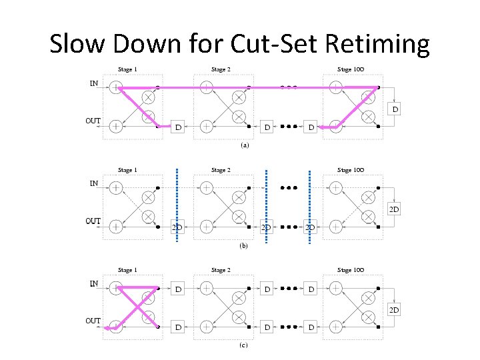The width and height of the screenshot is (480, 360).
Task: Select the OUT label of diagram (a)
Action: (x=93, y=121)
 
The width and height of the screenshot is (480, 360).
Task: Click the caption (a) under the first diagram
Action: (x=244, y=145)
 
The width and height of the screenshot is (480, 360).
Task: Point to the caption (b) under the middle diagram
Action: (x=244, y=245)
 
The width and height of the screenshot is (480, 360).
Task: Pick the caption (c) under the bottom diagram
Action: (x=244, y=345)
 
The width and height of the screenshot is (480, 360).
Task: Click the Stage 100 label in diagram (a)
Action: (x=353, y=69)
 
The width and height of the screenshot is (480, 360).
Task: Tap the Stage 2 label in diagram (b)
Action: (x=220, y=170)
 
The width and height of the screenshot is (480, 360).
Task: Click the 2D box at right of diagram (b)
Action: (x=395, y=209)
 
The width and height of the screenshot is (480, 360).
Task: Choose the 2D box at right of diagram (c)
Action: (x=395, y=309)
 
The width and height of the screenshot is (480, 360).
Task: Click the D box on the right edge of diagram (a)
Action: (x=395, y=109)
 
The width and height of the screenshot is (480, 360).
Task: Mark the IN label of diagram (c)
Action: (x=95, y=283)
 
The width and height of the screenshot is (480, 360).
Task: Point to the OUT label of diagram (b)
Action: (x=93, y=221)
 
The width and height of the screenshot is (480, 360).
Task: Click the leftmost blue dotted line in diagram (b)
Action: (x=177, y=207)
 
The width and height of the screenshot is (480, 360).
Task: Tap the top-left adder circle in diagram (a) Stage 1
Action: (x=116, y=87)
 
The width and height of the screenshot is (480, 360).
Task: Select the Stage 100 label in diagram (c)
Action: (x=353, y=270)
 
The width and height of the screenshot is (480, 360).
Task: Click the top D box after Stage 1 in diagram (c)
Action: (x=178, y=290)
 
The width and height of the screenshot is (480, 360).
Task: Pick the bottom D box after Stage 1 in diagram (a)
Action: (x=178, y=127)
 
